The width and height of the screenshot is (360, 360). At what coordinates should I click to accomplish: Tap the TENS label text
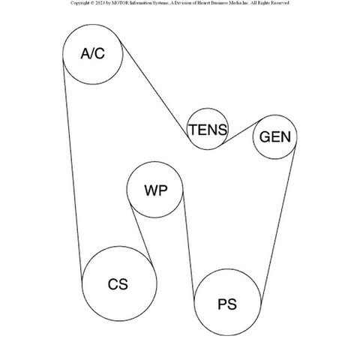pyautogui.click(x=208, y=130)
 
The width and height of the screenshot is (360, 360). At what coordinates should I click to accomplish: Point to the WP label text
pyautogui.click(x=156, y=190)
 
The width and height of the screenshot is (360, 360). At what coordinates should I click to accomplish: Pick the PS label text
pyautogui.click(x=227, y=304)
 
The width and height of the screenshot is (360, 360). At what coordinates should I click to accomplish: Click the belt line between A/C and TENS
pyautogui.click(x=154, y=89)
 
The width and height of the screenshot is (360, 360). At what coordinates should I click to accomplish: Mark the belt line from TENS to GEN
pyautogui.click(x=241, y=131)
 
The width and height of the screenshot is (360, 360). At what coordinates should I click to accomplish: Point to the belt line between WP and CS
pyautogui.click(x=142, y=234)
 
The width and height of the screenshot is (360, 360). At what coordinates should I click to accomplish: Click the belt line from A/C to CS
pyautogui.click(x=72, y=169)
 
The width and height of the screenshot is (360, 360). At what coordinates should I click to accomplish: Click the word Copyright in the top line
pyautogui.click(x=79, y=3)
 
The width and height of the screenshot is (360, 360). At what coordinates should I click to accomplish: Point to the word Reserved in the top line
pyautogui.click(x=280, y=3)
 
